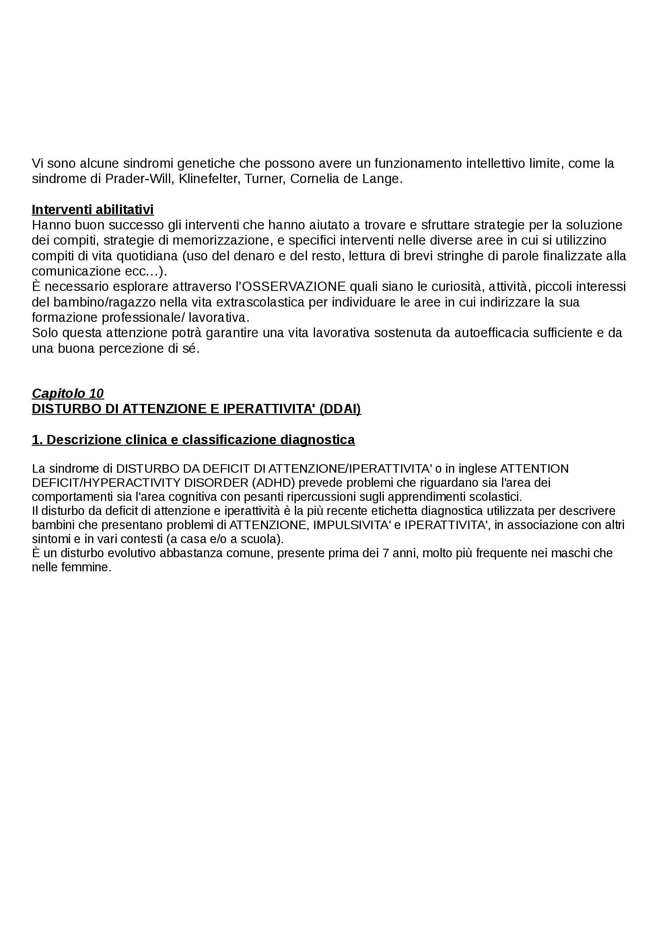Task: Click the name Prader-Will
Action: (x=139, y=179)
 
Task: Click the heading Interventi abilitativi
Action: (x=93, y=210)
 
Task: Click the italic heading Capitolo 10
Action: (x=68, y=393)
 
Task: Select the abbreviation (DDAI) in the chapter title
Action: (x=340, y=409)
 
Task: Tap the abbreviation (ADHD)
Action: (x=273, y=483)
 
